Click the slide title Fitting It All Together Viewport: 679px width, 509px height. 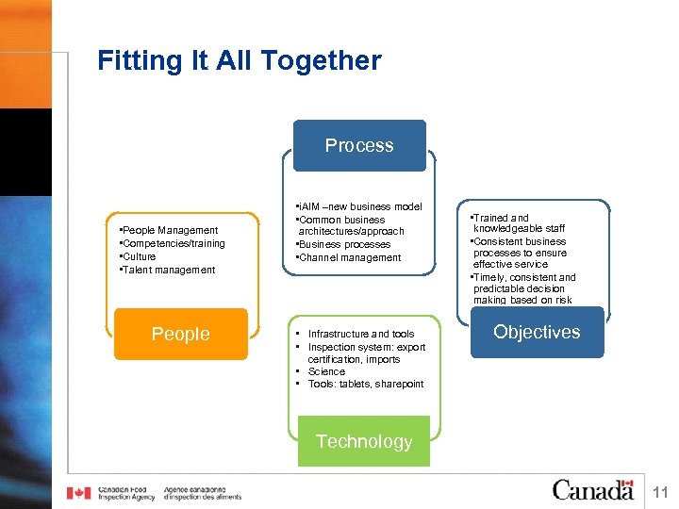point(240,61)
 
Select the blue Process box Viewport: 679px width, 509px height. point(358,145)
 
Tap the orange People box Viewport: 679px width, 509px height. point(180,335)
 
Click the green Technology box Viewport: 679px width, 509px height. point(363,441)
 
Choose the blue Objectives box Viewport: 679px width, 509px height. point(536,332)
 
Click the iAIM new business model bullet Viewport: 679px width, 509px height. point(359,206)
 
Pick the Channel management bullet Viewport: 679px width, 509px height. point(349,257)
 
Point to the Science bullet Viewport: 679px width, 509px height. point(326,371)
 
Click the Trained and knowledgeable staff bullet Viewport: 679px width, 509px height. point(518,222)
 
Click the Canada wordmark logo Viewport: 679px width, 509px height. point(592,490)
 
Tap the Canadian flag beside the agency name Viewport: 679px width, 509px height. point(78,493)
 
